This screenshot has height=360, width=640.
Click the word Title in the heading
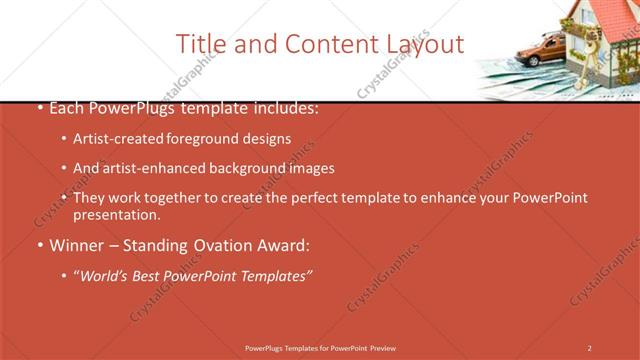click(x=199, y=45)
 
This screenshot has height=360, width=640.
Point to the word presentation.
click(x=115, y=215)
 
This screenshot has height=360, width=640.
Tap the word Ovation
click(x=226, y=245)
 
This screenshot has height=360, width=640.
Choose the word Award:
click(x=286, y=245)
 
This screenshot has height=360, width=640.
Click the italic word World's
click(x=107, y=275)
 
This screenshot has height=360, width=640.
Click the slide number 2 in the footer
click(x=589, y=348)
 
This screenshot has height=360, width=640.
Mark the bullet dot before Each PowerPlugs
click(x=38, y=108)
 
